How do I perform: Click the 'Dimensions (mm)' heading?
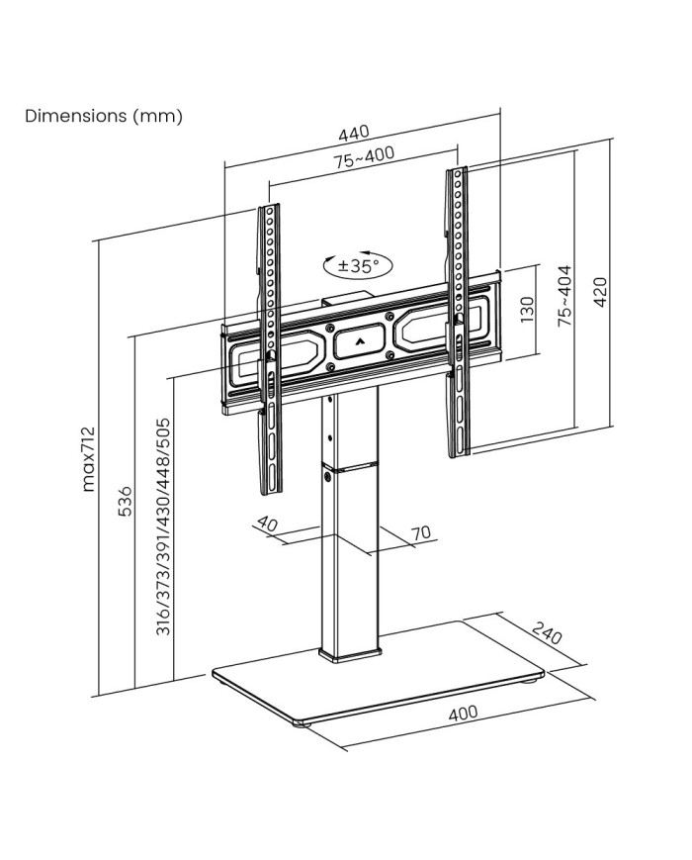coord(104,116)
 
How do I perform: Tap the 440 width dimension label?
coord(354,133)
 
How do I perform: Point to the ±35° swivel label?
coord(358,265)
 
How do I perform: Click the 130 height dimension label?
coord(527,311)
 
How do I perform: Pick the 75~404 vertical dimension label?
coord(564,296)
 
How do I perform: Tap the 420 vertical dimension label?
coord(598,294)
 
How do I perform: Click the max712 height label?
coord(88,458)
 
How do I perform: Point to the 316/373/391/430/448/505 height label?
coord(164,526)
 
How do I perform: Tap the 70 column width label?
coord(420,533)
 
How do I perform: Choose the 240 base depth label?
coord(546,632)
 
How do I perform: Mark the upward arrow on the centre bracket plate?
coord(358,344)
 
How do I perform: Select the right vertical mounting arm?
coord(456,312)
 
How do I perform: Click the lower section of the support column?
coord(350,564)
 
